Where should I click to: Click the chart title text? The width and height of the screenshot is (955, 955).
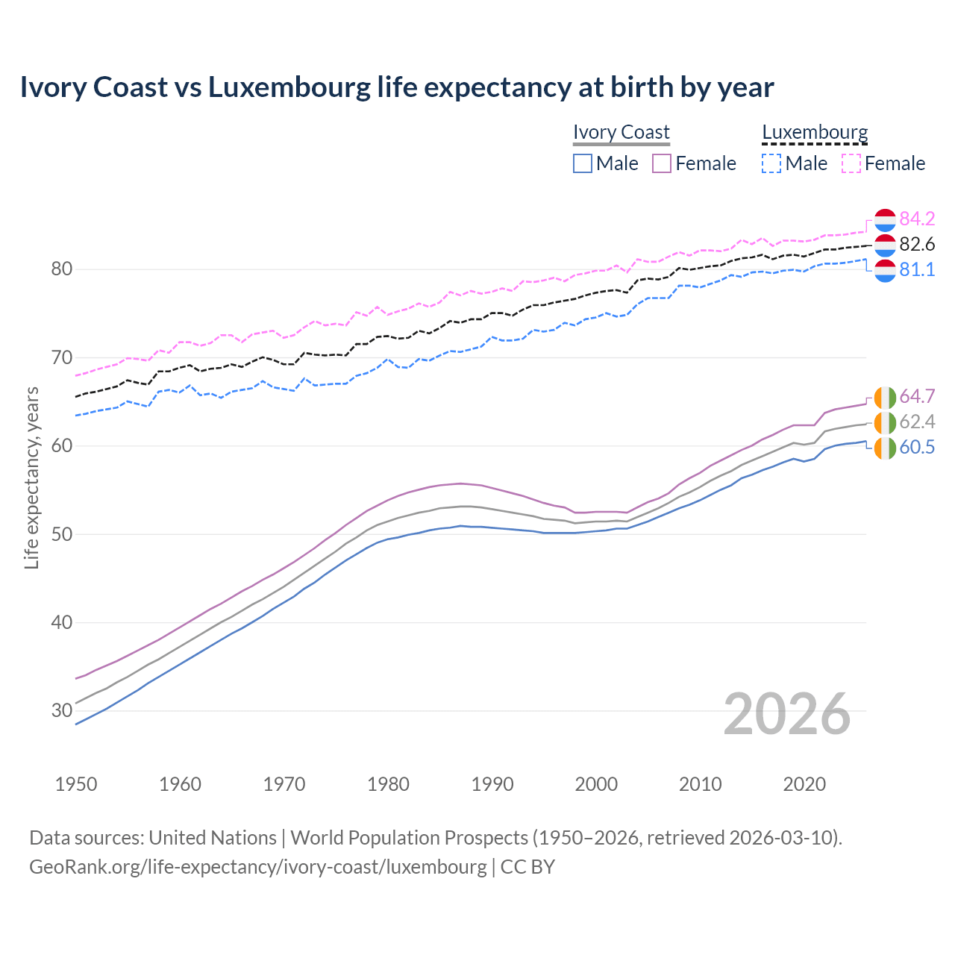(x=396, y=87)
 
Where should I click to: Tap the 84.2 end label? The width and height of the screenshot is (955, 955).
(x=917, y=219)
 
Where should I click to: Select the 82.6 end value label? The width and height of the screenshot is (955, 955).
(x=917, y=244)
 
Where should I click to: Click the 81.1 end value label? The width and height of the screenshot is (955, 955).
(x=917, y=269)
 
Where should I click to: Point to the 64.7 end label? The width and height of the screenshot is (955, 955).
(x=917, y=396)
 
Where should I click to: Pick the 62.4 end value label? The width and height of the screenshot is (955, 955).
(x=917, y=422)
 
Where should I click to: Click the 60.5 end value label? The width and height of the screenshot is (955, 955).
(x=917, y=447)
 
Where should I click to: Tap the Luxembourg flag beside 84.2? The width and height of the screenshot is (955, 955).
(x=885, y=219)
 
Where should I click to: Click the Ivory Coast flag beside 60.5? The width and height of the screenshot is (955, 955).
(x=885, y=448)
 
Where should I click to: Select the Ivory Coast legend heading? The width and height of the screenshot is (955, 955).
(x=621, y=132)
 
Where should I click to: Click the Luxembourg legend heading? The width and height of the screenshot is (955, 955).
(x=815, y=132)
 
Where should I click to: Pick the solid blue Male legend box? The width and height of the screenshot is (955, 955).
(x=583, y=163)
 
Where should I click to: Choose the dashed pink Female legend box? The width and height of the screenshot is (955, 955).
(x=851, y=163)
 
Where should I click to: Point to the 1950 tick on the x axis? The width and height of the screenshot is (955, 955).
(x=76, y=784)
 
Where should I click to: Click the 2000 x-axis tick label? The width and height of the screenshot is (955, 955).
(x=596, y=784)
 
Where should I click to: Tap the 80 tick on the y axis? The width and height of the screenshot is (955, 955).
(x=61, y=269)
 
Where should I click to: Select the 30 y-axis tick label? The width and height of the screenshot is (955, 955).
(x=61, y=710)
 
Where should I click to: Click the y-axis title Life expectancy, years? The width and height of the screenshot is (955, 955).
(x=31, y=477)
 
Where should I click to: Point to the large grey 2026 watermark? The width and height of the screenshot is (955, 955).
(x=787, y=714)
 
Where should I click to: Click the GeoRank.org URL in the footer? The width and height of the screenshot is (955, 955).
(x=257, y=866)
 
